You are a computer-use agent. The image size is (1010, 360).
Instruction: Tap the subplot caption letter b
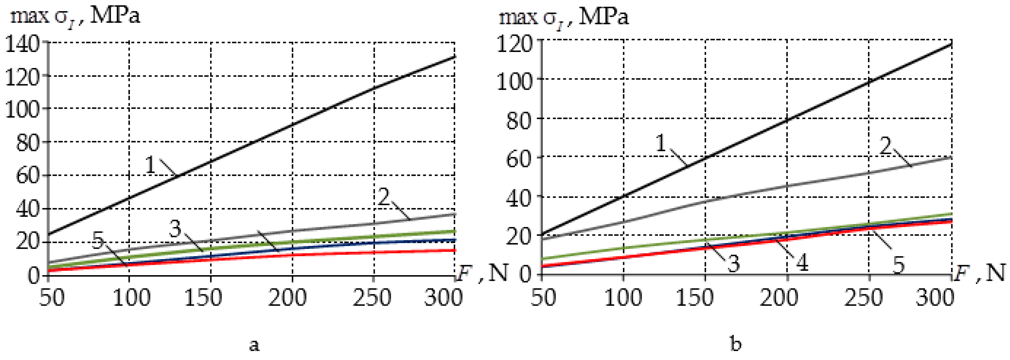[x=736, y=344]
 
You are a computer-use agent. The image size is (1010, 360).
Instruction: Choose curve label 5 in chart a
[x=98, y=240]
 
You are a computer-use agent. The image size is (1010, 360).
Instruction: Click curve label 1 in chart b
[x=661, y=143]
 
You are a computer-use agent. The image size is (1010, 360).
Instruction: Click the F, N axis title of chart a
[x=481, y=272]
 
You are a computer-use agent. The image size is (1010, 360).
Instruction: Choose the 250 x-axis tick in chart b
[x=863, y=298]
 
